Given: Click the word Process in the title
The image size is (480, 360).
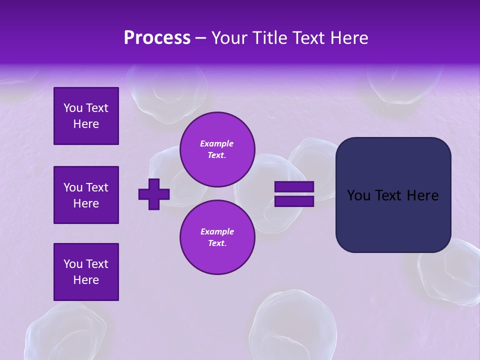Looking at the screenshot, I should (157, 38).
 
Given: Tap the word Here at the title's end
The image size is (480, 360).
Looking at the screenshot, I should (348, 38).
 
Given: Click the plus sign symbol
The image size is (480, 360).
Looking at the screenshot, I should (153, 194).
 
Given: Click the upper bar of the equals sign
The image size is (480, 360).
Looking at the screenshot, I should (294, 186).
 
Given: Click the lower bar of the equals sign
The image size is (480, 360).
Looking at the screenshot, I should (294, 201).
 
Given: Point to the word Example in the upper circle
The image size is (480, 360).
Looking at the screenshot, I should (216, 143).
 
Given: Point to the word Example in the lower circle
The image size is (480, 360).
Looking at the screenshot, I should (216, 231).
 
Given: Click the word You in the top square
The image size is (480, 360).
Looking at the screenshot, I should (72, 108).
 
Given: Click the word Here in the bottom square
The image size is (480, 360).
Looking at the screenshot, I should (86, 280).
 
